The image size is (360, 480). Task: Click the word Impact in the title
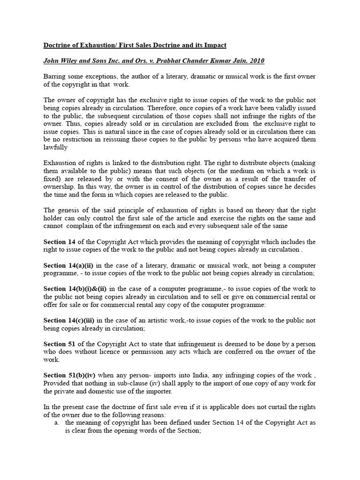click(214, 45)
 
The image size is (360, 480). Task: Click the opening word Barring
click(56, 76)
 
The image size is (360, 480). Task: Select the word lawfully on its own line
click(56, 147)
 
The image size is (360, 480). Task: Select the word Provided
click(56, 383)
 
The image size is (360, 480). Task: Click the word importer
click(160, 391)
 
